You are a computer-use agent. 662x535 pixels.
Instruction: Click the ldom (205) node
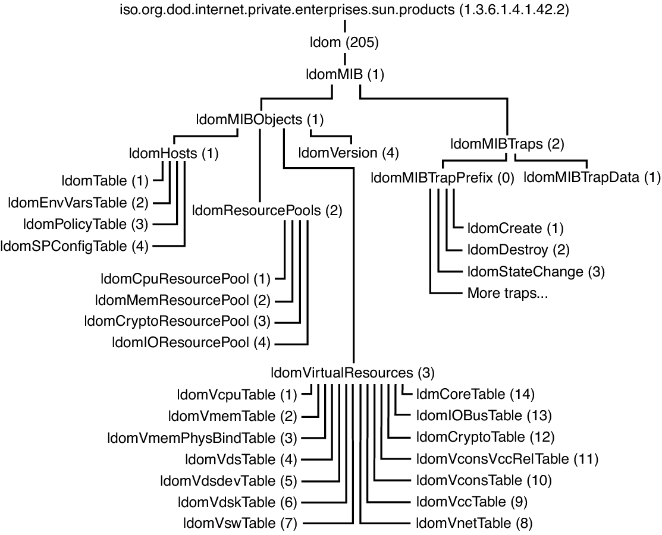click(x=344, y=42)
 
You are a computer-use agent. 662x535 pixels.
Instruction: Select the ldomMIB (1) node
click(x=345, y=75)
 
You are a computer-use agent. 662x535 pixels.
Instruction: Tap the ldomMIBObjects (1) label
click(x=260, y=120)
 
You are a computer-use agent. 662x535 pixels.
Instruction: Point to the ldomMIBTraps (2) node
click(x=507, y=144)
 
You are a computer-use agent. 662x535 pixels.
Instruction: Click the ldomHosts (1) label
click(x=174, y=153)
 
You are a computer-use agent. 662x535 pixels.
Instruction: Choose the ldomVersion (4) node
click(x=349, y=153)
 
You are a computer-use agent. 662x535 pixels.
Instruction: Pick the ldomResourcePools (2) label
click(x=267, y=210)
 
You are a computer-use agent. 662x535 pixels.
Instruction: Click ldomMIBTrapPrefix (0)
click(x=443, y=178)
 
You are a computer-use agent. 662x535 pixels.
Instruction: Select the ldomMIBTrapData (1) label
click(x=592, y=178)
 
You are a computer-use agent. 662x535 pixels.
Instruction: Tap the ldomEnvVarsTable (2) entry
click(x=78, y=203)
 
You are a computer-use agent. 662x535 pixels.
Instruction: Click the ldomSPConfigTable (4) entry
click(x=74, y=246)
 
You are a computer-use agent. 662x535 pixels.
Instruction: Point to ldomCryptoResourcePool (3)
click(x=177, y=322)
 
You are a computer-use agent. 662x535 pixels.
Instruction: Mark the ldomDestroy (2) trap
click(x=519, y=250)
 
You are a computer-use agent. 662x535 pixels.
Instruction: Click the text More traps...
click(x=507, y=293)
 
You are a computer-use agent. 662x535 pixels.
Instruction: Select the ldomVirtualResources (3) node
click(x=353, y=373)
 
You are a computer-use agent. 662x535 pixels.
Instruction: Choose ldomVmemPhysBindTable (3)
click(x=202, y=438)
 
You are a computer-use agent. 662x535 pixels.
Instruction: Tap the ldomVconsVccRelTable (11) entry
click(x=507, y=459)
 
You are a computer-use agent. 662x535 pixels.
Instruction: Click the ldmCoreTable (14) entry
click(x=475, y=395)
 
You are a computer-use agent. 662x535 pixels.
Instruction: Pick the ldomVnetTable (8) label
click(x=474, y=524)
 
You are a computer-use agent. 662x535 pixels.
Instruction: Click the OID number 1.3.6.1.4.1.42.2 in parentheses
click(x=513, y=10)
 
